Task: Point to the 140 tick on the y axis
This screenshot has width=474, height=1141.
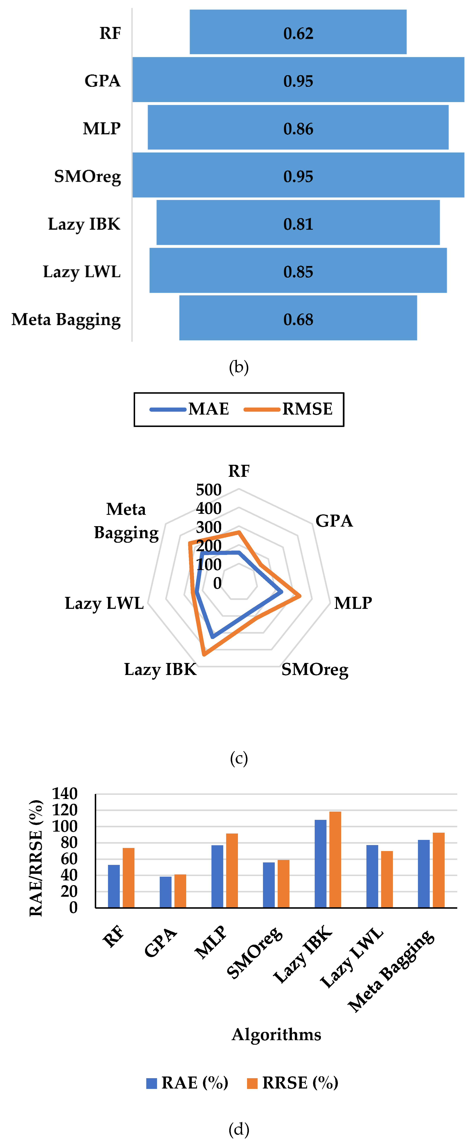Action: (65, 793)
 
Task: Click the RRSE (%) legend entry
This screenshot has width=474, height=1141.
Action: (293, 1083)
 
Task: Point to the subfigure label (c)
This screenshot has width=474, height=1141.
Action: (239, 758)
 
